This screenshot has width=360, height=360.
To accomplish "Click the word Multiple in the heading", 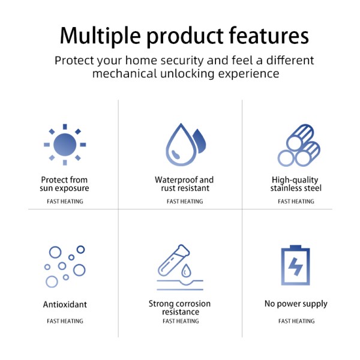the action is point(100,36).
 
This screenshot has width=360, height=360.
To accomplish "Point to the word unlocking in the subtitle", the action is point(187,74).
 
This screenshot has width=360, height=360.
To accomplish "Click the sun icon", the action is point(65,145).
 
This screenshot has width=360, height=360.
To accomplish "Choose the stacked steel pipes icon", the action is point(299,145).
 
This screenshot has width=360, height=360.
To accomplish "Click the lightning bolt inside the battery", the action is point(295,266).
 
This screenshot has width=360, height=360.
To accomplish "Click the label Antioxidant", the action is point(65,304).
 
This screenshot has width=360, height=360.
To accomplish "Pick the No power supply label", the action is point(296,304).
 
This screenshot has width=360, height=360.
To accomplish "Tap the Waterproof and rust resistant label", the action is point(184,184).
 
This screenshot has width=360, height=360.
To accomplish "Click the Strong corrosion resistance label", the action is point(179,308).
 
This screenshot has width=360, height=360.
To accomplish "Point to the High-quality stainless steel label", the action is point(296,184).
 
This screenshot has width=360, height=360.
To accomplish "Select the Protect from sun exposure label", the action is point(64,184).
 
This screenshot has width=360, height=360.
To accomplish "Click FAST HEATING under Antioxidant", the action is point(65,321).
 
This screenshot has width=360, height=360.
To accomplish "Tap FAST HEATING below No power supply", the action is point(296,321).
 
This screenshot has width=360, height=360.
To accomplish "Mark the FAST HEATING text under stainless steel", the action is point(296,202).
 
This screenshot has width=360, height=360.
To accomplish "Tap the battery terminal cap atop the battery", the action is point(295,247).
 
